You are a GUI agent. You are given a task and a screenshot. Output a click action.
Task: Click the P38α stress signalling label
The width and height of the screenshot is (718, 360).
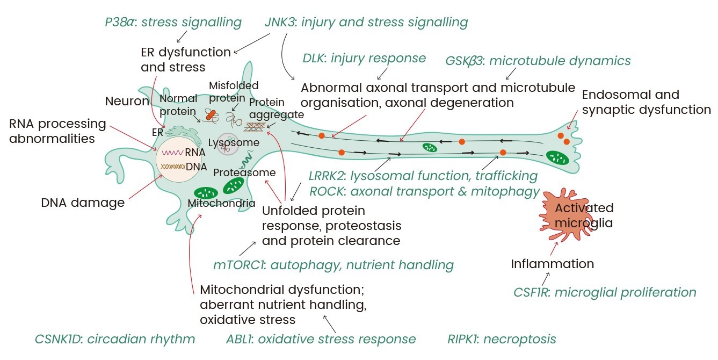(173, 23)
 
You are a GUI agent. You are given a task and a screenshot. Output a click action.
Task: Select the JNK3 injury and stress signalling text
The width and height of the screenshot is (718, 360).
(366, 23)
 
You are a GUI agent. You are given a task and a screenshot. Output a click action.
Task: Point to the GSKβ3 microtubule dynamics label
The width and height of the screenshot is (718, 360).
(538, 61)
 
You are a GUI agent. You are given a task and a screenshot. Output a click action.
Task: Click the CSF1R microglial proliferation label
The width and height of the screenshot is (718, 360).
(605, 293)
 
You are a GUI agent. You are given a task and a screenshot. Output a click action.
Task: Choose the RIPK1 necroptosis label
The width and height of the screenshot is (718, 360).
(502, 339)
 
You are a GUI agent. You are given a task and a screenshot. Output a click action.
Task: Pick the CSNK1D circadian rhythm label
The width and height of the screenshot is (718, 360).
(114, 339)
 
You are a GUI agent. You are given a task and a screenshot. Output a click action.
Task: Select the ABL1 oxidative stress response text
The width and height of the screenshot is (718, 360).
(321, 339)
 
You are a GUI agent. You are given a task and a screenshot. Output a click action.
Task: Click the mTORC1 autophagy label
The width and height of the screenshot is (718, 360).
(333, 265)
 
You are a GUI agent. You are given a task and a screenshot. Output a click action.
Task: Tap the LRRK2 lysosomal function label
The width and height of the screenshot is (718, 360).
(423, 176)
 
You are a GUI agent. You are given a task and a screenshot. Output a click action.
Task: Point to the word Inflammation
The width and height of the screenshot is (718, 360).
(552, 264)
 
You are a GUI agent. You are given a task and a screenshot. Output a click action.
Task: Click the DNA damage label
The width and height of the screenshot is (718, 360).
(83, 203)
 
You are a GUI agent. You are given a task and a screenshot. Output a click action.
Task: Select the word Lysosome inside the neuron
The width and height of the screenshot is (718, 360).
(234, 143)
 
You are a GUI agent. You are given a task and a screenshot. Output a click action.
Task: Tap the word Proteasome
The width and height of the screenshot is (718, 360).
(244, 173)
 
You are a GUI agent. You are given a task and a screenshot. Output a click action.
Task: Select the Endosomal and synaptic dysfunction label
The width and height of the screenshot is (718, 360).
(646, 102)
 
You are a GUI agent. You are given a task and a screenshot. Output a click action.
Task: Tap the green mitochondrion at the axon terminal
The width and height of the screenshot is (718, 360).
(558, 157)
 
